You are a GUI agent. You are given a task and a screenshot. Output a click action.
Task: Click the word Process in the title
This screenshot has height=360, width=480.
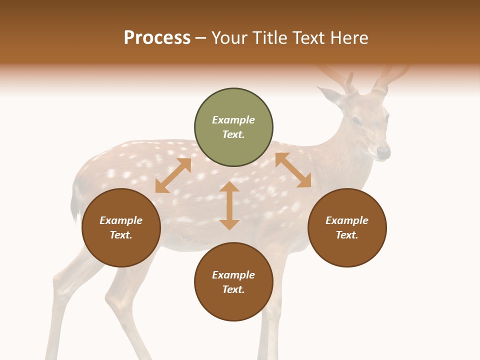[157, 38]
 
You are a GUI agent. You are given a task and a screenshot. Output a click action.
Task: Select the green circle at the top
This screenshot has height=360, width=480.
[233, 127]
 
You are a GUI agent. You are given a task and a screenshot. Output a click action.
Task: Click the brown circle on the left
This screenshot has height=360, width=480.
[121, 227]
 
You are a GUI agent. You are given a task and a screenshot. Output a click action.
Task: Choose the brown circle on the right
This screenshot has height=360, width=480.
[347, 227]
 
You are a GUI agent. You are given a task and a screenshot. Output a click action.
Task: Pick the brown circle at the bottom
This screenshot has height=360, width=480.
[233, 282]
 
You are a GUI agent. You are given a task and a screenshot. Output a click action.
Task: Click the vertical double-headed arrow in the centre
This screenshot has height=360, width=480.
[229, 205]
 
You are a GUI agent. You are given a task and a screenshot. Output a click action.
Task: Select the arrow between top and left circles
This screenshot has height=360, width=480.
[173, 175]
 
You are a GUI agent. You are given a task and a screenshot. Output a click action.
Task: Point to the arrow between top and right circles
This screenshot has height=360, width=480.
[293, 170]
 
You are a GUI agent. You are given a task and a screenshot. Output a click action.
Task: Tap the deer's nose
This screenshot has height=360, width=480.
[383, 151]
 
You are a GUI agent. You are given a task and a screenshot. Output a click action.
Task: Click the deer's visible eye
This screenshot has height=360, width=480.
[356, 120]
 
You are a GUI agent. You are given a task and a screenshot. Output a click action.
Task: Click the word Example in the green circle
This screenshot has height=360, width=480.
[233, 120]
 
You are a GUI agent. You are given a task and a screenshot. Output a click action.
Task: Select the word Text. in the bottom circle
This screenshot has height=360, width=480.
[233, 289]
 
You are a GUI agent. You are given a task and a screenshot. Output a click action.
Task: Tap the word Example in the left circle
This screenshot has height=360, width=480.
[121, 220]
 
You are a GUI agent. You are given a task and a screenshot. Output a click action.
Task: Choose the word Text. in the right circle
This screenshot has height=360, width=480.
[347, 235]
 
